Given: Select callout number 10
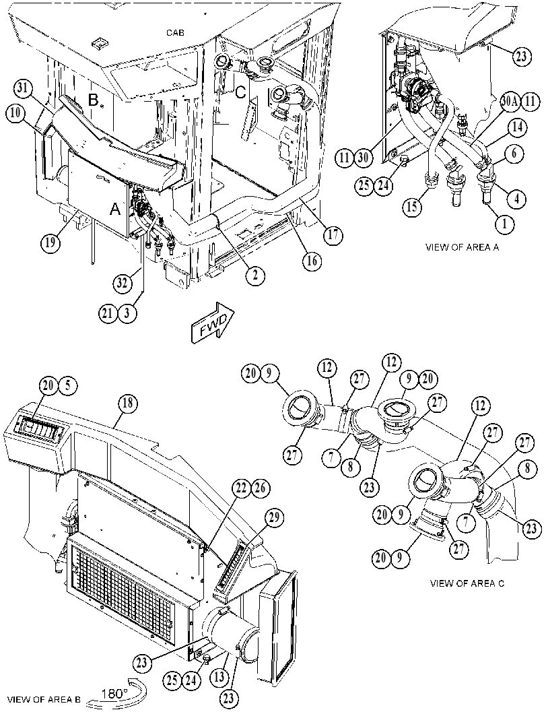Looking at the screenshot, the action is tap(16, 113).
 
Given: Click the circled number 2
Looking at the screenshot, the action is tap(256, 275).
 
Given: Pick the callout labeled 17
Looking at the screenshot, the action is tap(333, 235).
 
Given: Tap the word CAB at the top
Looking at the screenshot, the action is tap(175, 33).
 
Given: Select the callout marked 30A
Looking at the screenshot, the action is tap(509, 102).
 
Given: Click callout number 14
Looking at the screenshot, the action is tap(518, 129).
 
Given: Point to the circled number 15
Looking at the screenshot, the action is tap(413, 207).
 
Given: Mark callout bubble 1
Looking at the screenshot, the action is tap(504, 223).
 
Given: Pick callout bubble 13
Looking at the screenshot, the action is tap(219, 678).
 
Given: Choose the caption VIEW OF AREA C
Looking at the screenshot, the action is tap(467, 583).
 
